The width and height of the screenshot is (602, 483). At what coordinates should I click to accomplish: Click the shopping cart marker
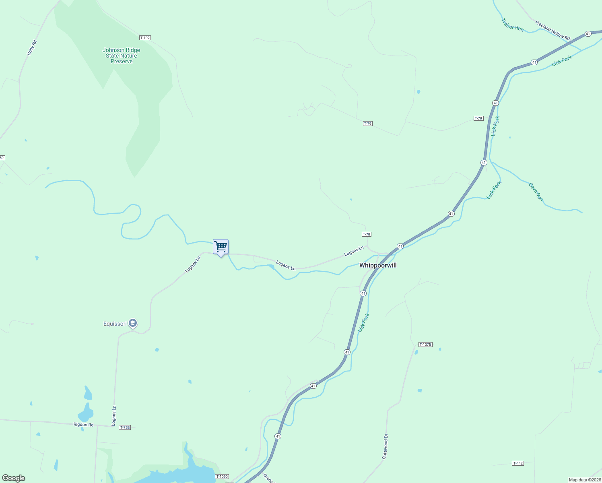click(x=221, y=247)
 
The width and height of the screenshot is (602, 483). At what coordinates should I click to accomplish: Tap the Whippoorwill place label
click(x=378, y=265)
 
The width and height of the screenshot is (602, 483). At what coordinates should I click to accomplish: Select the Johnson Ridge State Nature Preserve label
click(x=122, y=56)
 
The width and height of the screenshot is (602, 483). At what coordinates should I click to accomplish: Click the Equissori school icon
click(x=133, y=323)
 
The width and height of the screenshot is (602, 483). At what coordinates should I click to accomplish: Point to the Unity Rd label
click(x=32, y=48)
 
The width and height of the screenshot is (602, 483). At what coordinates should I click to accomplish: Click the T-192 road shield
click(x=145, y=38)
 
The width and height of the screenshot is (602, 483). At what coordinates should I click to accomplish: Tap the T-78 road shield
click(x=366, y=234)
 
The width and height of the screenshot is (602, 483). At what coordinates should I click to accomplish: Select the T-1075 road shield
click(x=425, y=345)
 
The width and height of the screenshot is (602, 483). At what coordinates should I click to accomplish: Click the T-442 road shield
click(x=518, y=463)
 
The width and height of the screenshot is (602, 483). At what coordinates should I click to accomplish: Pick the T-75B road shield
click(x=125, y=427)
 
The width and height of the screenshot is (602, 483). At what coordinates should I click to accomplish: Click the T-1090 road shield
click(x=222, y=477)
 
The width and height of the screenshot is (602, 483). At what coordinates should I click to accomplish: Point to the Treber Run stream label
click(x=512, y=25)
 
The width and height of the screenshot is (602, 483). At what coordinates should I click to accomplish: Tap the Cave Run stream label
click(x=536, y=192)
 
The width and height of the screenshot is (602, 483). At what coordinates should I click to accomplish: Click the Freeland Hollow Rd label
click(x=553, y=30)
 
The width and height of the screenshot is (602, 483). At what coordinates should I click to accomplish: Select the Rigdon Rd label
click(x=83, y=425)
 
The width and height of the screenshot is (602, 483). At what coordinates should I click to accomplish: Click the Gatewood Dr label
click(x=385, y=446)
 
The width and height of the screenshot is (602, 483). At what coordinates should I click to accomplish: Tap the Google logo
click(x=14, y=478)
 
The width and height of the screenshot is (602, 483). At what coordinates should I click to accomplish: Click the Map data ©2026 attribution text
click(x=585, y=480)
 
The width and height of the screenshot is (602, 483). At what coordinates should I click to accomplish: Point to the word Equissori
click(x=115, y=324)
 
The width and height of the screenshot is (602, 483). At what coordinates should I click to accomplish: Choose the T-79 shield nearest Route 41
click(x=478, y=118)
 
